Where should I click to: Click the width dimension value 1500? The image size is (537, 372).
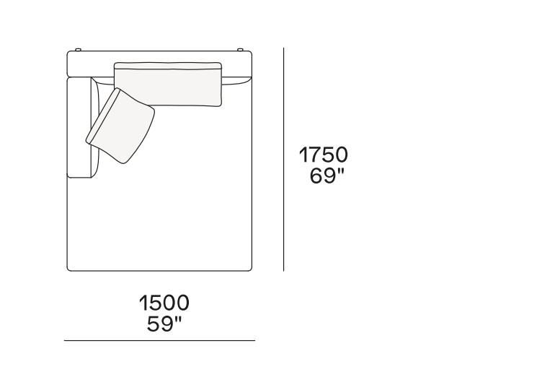164,303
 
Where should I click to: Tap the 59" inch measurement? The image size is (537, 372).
164,324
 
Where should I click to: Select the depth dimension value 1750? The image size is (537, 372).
324,155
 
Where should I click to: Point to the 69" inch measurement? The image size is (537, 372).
327,176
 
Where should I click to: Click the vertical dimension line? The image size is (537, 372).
283,159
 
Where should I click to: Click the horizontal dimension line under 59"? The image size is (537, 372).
159,340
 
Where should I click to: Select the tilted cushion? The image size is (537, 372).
120,126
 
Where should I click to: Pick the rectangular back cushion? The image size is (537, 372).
168,84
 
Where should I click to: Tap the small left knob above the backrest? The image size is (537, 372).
78,50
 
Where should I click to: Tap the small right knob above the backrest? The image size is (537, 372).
240,50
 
